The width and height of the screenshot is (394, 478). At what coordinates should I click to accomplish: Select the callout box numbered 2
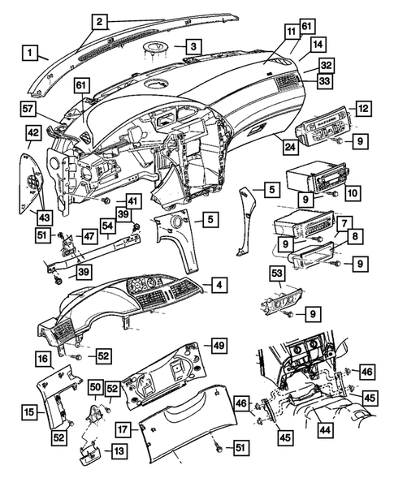tap(100, 21)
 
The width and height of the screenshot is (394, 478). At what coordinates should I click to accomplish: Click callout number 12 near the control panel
tap(363, 108)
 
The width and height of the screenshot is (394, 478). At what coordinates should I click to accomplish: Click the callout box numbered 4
tap(219, 285)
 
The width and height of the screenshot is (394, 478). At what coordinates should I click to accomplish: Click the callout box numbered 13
tap(119, 450)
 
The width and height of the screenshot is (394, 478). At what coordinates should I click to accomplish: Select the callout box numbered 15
tap(28, 412)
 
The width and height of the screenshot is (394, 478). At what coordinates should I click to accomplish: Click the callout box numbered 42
tap(32, 133)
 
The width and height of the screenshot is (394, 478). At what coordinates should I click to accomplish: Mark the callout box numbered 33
tap(326, 81)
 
